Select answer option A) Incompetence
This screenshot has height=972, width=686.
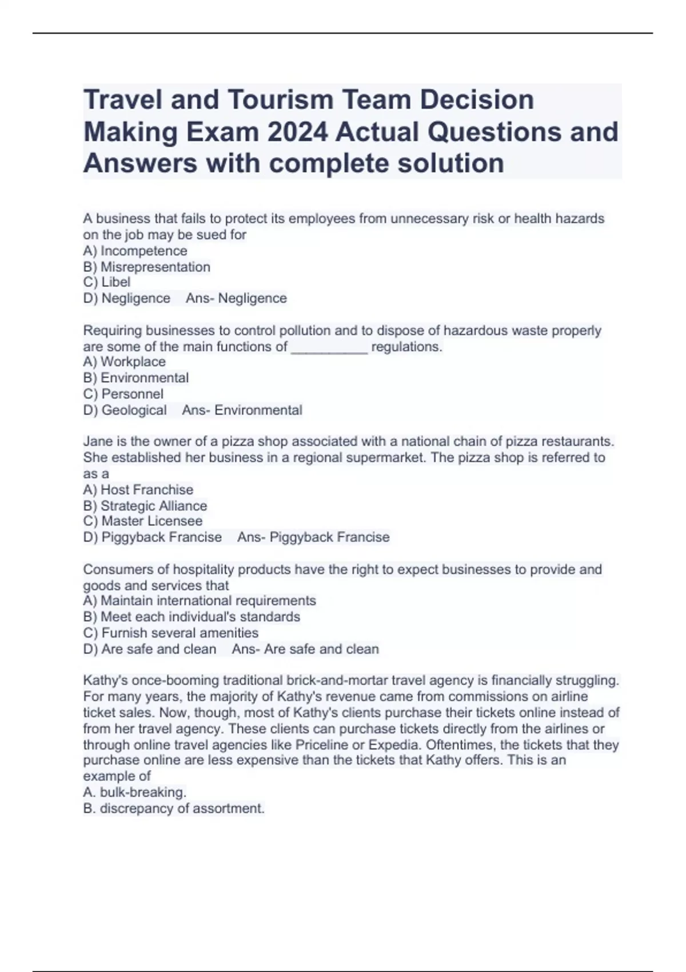[135, 251]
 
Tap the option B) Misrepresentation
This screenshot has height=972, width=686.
[146, 267]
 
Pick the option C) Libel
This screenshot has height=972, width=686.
[107, 282]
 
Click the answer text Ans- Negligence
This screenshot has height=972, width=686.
[236, 298]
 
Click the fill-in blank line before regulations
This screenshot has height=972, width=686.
[329, 348]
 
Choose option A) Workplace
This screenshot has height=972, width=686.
[124, 362]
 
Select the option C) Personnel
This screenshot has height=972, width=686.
[123, 394]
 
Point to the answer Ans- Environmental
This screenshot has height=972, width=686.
[242, 411]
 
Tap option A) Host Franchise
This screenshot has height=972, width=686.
[138, 490]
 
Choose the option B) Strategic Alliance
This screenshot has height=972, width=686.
[145, 506]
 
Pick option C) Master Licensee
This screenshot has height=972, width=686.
[142, 521]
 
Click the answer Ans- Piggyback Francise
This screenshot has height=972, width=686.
[313, 537]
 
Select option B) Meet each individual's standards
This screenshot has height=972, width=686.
[192, 617]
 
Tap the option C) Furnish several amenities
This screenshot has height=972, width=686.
[170, 633]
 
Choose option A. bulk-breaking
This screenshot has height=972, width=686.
[135, 792]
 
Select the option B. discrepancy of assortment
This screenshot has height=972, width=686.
[174, 808]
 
